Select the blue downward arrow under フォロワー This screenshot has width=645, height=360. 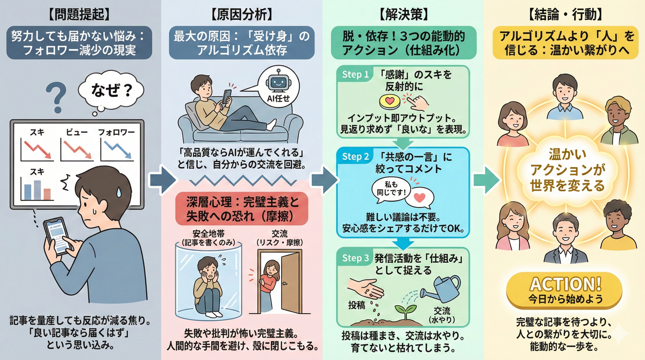point(118,149)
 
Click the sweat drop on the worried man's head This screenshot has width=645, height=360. point(119,192)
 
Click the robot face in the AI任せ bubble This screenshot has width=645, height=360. point(278,81)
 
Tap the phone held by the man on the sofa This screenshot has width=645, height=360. point(227,96)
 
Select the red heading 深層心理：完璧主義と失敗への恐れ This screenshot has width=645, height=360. point(242,208)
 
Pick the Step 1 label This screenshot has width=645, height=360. point(355,75)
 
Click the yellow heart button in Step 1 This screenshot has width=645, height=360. point(390,102)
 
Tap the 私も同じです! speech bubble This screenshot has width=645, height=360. point(391,189)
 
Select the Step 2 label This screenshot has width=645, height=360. point(355,156)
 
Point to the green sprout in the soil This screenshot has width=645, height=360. point(405,311)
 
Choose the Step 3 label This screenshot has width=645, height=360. point(355,258)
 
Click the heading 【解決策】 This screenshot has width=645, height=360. point(403,14)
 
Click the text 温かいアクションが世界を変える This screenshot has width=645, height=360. point(567,170)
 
